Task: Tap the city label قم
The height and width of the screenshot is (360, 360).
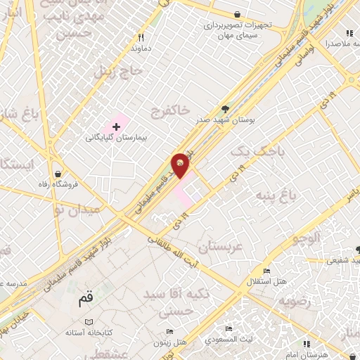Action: click(85, 298)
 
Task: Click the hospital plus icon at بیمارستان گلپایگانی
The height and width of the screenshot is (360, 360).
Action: click(116, 125)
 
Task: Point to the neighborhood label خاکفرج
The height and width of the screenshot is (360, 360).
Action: click(170, 110)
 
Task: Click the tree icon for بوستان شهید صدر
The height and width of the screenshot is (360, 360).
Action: click(225, 108)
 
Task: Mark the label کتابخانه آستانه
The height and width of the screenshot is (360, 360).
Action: click(84, 331)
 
